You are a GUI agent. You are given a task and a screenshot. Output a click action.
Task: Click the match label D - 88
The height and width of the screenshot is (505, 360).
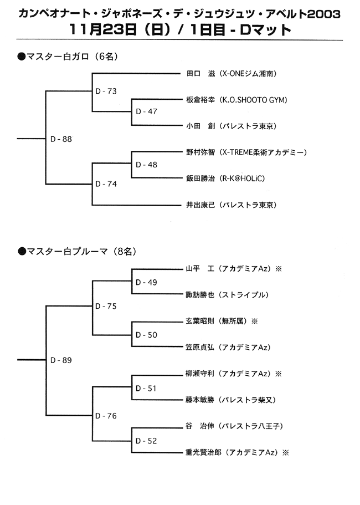coord(61,139)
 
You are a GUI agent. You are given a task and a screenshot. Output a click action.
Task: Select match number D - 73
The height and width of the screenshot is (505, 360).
coord(106,91)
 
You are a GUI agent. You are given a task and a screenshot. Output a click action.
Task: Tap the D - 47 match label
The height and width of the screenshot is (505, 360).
coord(146,111)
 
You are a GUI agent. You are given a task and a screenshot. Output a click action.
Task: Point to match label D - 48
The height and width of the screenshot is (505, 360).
coord(146,165)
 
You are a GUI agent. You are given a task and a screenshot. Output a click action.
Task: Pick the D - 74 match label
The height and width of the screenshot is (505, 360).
coord(106,184)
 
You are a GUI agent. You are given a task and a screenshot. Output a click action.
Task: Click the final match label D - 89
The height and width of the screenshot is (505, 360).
coord(61,360)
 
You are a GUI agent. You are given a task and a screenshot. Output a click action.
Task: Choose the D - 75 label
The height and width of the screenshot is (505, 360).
coord(106,306)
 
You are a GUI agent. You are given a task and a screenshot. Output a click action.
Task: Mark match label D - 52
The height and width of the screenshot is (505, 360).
coord(146,441)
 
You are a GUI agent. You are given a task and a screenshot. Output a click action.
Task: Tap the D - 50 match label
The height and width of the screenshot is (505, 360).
coord(146,335)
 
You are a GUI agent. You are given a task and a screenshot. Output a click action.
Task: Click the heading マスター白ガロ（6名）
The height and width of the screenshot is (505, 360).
coord(68,57)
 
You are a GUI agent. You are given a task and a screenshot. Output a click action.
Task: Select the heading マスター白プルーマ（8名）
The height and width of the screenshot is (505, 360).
coord(77,251)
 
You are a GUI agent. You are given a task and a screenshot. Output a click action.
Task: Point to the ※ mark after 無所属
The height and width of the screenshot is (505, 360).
coord(254,321)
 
